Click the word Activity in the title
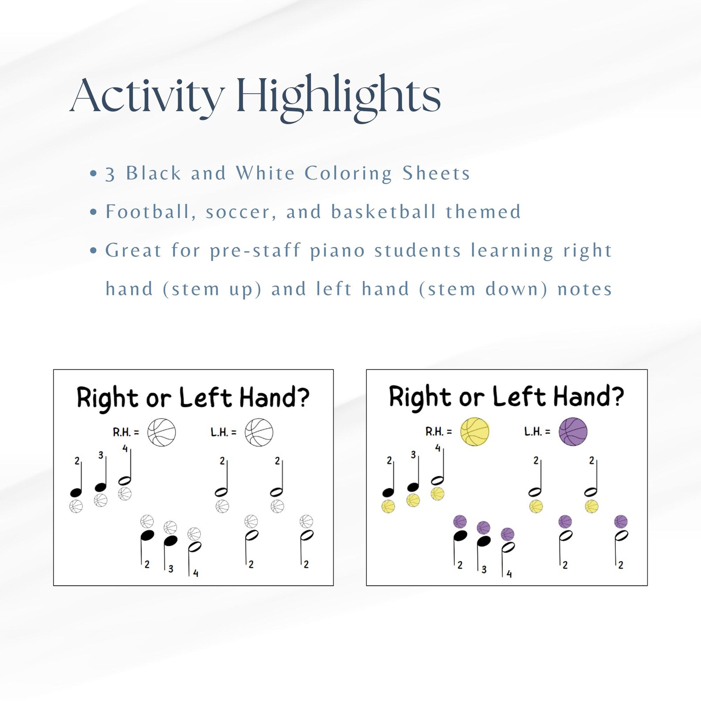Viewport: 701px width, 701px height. coord(147,96)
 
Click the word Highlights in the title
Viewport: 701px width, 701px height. coord(339,96)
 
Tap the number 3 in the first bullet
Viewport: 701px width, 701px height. coord(110,174)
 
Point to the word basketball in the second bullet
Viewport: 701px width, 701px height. coord(384,212)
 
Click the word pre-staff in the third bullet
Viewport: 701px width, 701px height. coord(255,251)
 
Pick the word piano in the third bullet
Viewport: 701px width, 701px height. coord(337,251)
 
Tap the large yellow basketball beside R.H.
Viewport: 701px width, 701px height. coord(475,431)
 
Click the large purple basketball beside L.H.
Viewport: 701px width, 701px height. coord(573,431)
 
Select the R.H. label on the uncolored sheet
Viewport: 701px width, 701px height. coord(125,432)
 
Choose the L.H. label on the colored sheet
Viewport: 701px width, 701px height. coord(536,431)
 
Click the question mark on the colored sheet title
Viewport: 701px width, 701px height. coord(616,396)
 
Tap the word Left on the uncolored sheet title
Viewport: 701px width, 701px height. coord(205,397)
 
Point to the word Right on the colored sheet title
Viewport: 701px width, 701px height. coord(420,397)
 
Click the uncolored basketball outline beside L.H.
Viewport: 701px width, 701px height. coord(259,432)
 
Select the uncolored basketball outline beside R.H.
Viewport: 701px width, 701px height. coord(162,432)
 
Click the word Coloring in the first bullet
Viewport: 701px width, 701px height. coord(348,173)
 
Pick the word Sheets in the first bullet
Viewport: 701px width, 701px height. coord(436,173)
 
